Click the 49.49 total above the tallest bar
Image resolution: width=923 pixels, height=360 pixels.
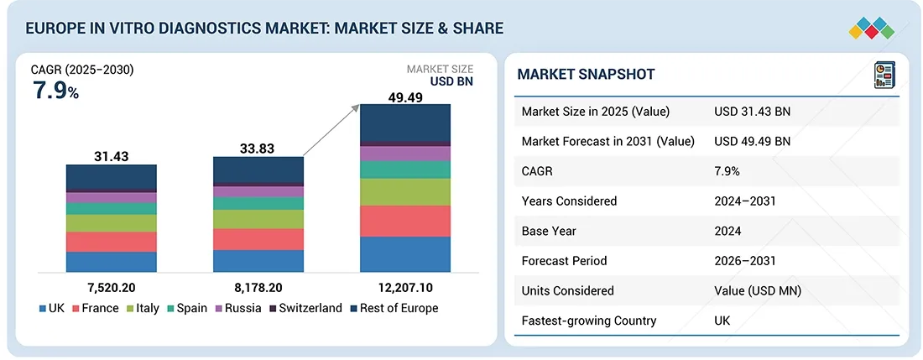(x=404, y=97)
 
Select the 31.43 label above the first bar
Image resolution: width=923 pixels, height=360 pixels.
(x=111, y=157)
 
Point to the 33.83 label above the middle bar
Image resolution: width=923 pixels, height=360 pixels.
(x=258, y=149)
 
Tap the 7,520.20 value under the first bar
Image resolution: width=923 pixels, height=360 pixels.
(x=111, y=286)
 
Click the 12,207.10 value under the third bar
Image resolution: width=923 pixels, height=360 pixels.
(x=404, y=286)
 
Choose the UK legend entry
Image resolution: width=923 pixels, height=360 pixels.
(x=52, y=308)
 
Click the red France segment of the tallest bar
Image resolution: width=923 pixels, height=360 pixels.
(x=404, y=221)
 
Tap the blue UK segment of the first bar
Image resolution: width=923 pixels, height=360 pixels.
(x=111, y=262)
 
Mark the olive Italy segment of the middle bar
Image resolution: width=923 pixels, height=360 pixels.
(x=258, y=219)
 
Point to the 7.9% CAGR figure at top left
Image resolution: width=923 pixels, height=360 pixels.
(x=55, y=91)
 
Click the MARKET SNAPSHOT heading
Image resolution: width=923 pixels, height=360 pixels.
(x=586, y=74)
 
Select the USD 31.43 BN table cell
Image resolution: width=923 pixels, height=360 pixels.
(x=752, y=112)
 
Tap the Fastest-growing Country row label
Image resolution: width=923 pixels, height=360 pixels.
(x=587, y=321)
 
